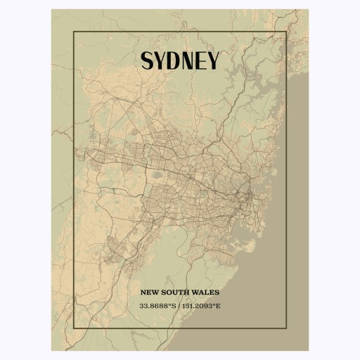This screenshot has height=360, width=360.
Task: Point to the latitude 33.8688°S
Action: (x=157, y=306)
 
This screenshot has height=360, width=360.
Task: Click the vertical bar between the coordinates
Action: (x=179, y=306)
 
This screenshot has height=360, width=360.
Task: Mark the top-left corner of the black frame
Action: (x=73, y=32)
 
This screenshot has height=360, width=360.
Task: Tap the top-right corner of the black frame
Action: (x=287, y=32)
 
